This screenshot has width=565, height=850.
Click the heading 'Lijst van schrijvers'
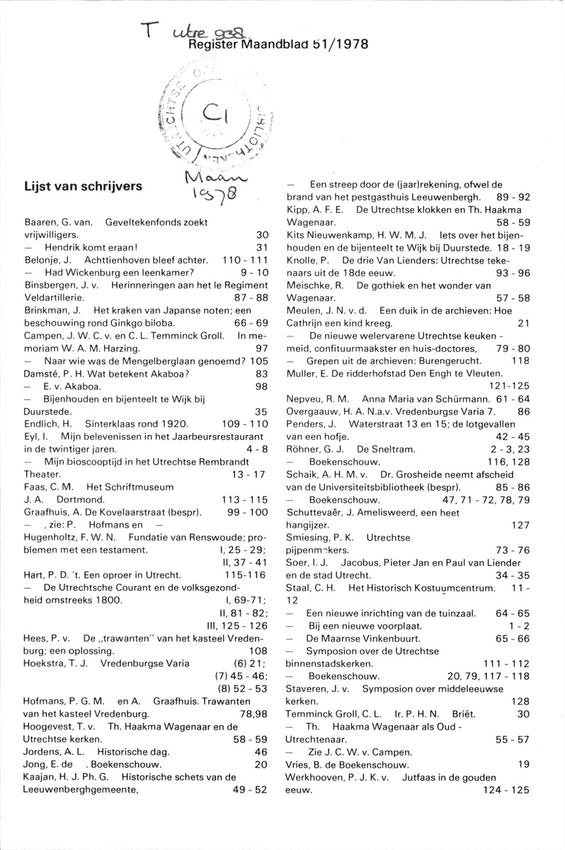pyautogui.click(x=83, y=188)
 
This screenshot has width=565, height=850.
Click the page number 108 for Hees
pyautogui.click(x=258, y=650)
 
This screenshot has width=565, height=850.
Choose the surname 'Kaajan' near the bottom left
pyautogui.click(x=42, y=777)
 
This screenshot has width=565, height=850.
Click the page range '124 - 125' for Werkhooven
pyautogui.click(x=504, y=790)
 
